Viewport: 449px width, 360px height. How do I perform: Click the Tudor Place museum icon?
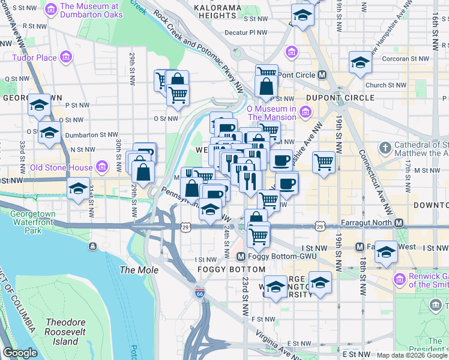(65, 58)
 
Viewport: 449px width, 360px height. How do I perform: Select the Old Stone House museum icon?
(102, 167)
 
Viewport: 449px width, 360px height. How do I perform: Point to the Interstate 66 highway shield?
(200, 293)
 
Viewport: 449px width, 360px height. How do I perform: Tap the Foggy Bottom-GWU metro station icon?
(240, 257)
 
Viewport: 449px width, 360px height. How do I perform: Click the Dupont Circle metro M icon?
(322, 75)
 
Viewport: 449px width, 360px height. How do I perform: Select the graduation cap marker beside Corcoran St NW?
(360, 62)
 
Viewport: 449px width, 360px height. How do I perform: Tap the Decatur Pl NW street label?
(246, 34)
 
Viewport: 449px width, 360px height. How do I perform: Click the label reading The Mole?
(139, 271)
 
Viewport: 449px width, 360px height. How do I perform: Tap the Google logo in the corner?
(20, 353)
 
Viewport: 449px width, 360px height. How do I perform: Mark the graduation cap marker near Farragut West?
(386, 251)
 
